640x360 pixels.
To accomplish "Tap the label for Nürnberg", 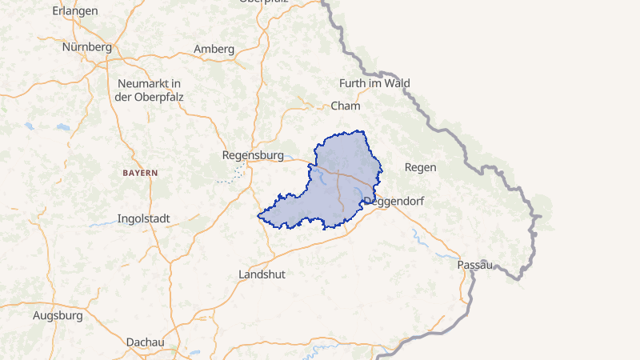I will [x=86, y=47].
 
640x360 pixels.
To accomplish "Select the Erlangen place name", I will [x=74, y=11].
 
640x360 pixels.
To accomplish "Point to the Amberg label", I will [x=214, y=49].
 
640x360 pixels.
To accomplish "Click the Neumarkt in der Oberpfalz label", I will [x=149, y=90].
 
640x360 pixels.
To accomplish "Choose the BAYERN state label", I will [x=140, y=173].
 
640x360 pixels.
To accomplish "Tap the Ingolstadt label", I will [x=149, y=218].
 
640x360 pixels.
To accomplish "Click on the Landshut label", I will [x=262, y=274].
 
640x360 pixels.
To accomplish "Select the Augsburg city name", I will [x=58, y=315].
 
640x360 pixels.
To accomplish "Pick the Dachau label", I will [x=146, y=342].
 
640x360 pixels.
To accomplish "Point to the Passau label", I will [x=474, y=265].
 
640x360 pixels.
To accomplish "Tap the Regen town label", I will [x=421, y=167].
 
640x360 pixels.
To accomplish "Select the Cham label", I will [x=346, y=106].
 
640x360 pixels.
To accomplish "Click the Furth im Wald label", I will [x=374, y=83].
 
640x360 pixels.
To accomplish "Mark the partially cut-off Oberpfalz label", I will [x=265, y=2].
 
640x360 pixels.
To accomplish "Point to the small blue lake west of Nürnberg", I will [x=30, y=126].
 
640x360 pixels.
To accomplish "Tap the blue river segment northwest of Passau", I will [x=417, y=236].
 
